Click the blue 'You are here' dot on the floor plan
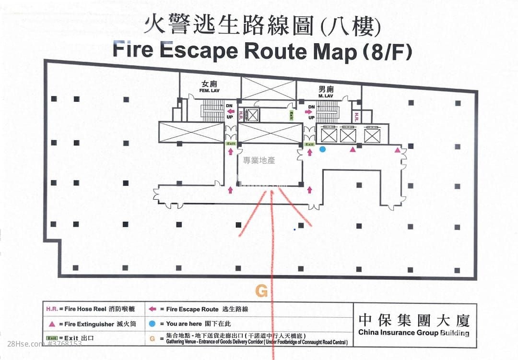pyautogui.click(x=323, y=149)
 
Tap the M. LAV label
pyautogui.click(x=325, y=96)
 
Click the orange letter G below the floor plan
pyautogui.click(x=261, y=290)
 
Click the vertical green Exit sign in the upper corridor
pyautogui.click(x=291, y=115)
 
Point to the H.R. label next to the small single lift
pyautogui.click(x=242, y=115)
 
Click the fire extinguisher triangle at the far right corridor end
pyautogui.click(x=397, y=150)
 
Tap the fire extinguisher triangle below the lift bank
pyautogui.click(x=353, y=150)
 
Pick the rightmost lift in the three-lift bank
pyautogui.click(x=372, y=135)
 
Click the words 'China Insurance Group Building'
pyautogui.click(x=413, y=333)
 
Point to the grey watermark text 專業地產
pyautogui.click(x=259, y=161)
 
